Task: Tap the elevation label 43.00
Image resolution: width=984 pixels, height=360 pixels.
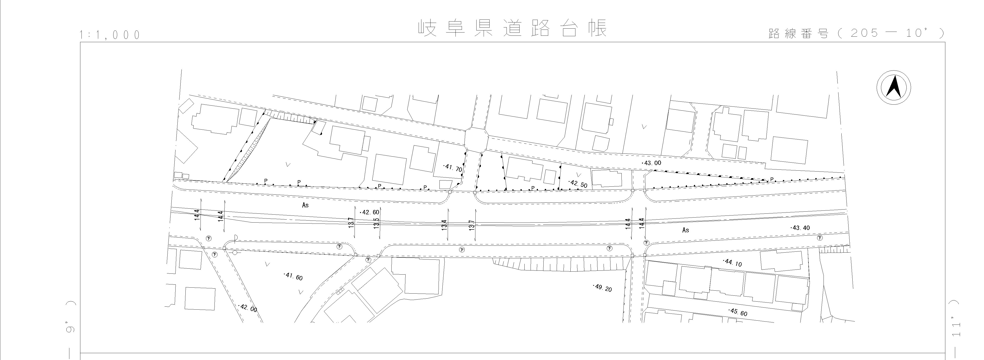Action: click(652, 163)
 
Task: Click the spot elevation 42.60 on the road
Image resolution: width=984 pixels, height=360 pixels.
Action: click(370, 212)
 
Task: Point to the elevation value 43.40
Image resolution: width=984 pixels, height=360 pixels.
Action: click(800, 228)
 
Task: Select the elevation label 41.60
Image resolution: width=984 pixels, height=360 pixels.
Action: click(293, 276)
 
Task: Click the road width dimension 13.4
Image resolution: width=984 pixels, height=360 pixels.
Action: click(444, 224)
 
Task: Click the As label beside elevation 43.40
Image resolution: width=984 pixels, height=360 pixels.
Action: click(686, 230)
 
